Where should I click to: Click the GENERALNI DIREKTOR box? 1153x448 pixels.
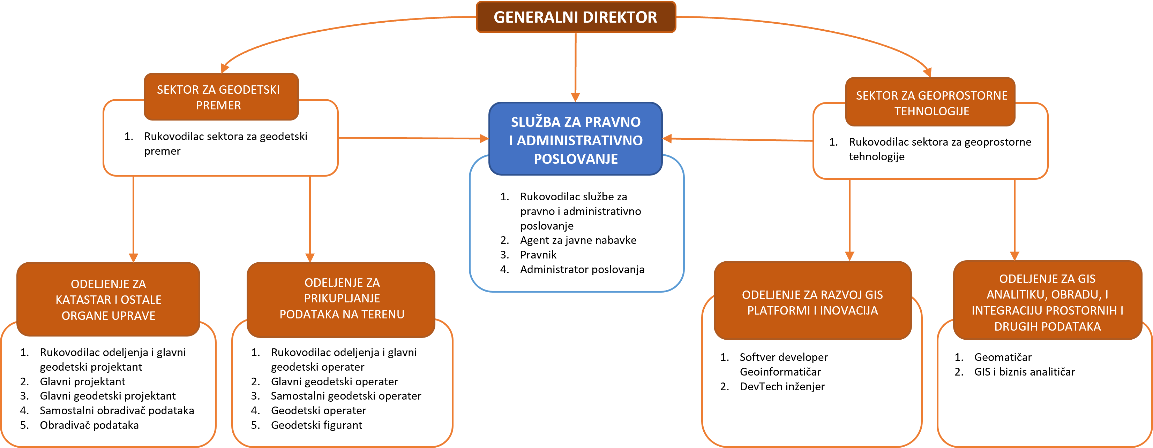[576, 17]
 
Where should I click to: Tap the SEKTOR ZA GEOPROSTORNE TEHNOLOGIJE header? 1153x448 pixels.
[931, 103]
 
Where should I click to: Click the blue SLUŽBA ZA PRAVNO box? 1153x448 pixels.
[576, 139]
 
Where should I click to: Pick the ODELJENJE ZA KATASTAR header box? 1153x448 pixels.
[108, 300]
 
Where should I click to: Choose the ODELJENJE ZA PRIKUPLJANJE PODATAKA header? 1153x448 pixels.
[342, 298]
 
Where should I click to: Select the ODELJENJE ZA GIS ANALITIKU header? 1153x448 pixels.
[1047, 302]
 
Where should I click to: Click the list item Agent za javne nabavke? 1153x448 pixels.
[578, 240]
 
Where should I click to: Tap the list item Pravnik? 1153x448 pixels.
[538, 255]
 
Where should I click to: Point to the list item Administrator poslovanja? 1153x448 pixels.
[582, 269]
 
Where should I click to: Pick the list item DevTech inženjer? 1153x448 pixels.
[782, 386]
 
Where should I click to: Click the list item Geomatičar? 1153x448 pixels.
[1003, 357]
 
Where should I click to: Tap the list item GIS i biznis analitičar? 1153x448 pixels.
[1024, 372]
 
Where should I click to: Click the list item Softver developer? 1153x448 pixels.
[783, 357]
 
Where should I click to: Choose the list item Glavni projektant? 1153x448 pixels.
[82, 381]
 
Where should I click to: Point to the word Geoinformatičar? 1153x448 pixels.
[780, 372]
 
